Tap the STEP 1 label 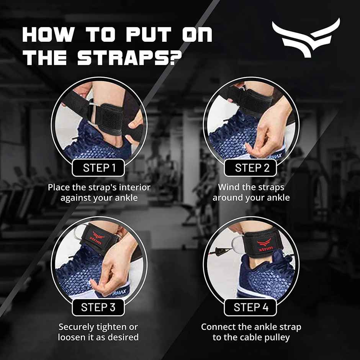[x=99, y=167]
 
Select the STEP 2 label [x=252, y=167]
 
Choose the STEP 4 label [x=251, y=307]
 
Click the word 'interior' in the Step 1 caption [x=134, y=188]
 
